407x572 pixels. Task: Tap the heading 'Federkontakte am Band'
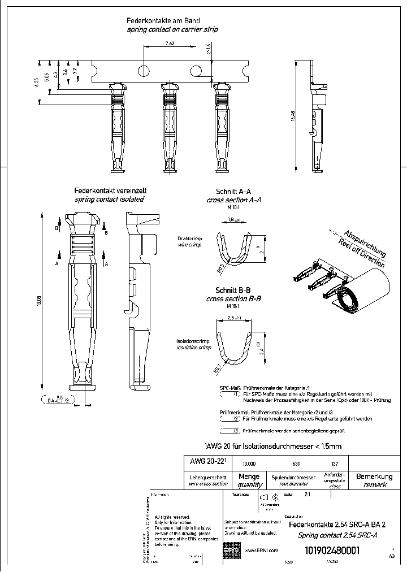164,20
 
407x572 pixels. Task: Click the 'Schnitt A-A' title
233,192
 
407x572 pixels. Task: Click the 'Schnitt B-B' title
233,291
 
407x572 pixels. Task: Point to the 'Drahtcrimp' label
189,239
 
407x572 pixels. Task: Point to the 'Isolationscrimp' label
192,341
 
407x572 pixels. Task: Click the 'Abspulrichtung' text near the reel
365,243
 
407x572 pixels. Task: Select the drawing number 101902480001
332,552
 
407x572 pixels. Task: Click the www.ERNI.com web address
261,551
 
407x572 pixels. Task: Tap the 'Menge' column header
249,476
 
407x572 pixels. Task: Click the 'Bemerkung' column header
374,476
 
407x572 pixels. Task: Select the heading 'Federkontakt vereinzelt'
109,191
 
